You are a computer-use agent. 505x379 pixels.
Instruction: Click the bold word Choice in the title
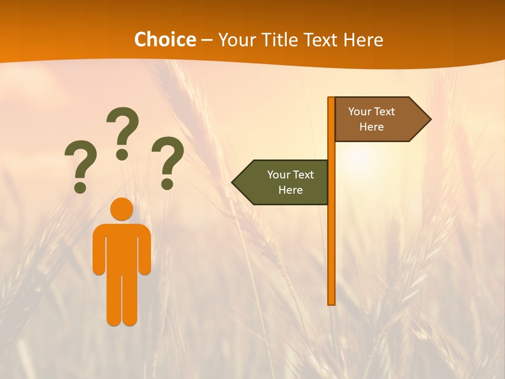[x=165, y=39]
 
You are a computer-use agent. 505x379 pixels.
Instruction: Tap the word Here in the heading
[x=363, y=39]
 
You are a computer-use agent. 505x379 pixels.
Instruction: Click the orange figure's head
[x=122, y=209]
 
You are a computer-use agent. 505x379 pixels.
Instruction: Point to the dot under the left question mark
[x=80, y=187]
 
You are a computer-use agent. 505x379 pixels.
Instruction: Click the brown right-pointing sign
[x=379, y=119]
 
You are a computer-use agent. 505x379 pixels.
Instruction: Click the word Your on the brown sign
[x=360, y=112]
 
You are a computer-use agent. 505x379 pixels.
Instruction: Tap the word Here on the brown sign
[x=371, y=127]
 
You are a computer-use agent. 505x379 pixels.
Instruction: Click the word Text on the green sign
[x=304, y=175]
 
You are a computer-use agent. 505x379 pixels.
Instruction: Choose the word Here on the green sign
[x=290, y=190]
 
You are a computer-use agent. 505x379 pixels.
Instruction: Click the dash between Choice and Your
[x=207, y=40]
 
